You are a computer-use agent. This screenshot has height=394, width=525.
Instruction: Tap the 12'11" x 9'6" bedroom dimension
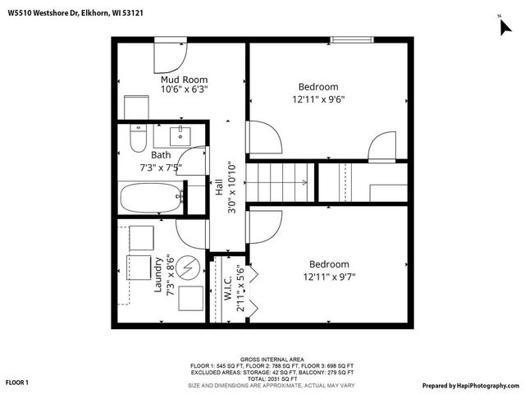[x=318, y=99]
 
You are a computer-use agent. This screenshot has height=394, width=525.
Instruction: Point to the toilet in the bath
[x=138, y=141]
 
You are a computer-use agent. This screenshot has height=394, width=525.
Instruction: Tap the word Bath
[x=161, y=154]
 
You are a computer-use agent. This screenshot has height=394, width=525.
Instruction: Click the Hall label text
[x=219, y=186]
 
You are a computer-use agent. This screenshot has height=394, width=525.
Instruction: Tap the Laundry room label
[x=157, y=274]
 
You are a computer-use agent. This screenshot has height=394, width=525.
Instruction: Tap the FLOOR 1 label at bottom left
[x=17, y=383]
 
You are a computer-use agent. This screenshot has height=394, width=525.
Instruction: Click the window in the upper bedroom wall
[x=354, y=39]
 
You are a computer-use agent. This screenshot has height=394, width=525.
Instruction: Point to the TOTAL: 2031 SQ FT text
[x=272, y=378]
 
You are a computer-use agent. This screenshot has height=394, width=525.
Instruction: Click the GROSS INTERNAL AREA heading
[x=272, y=360]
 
